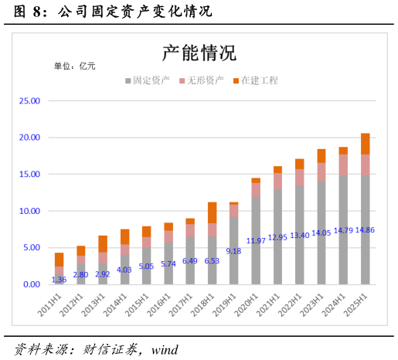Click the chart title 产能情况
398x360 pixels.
pyautogui.click(x=199, y=53)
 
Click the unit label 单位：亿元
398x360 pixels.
pyautogui.click(x=74, y=66)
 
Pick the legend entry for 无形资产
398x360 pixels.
pyautogui.click(x=202, y=80)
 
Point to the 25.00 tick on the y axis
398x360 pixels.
pyautogui.click(x=29, y=100)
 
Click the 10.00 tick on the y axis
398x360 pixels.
pyautogui.click(x=29, y=211)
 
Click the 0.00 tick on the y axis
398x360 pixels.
pyautogui.click(x=32, y=284)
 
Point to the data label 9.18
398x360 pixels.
pyautogui.click(x=233, y=251)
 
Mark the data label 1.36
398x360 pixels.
pyautogui.click(x=59, y=280)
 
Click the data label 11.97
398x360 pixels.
pyautogui.click(x=256, y=241)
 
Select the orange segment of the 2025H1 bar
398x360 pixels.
pyautogui.click(x=366, y=144)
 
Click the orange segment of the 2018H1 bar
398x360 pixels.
pyautogui.click(x=212, y=212)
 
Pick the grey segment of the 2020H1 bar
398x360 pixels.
pyautogui.click(x=256, y=232)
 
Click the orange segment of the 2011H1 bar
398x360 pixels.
pyautogui.click(x=59, y=260)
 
